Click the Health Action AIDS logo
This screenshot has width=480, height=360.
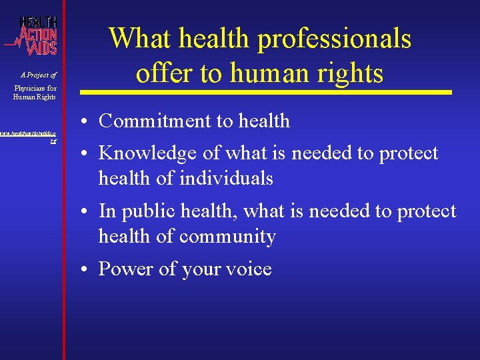(35, 35)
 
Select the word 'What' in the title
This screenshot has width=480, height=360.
(137, 38)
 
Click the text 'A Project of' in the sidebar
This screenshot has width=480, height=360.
(38, 75)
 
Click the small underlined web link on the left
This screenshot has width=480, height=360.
(28, 136)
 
